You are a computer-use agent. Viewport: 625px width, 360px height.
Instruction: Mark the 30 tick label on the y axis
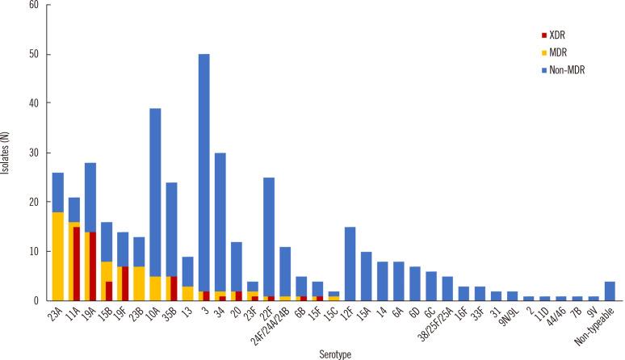click(x=34, y=153)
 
